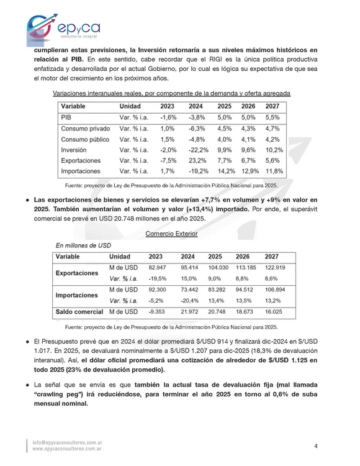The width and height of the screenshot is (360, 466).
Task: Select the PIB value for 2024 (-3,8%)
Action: click(196, 117)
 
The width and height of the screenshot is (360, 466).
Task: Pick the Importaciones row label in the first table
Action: click(81, 171)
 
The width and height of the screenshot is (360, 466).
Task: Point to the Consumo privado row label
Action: click(86, 128)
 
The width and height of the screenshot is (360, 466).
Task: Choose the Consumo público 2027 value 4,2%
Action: click(272, 139)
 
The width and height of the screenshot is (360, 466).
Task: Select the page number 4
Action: click(316, 446)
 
